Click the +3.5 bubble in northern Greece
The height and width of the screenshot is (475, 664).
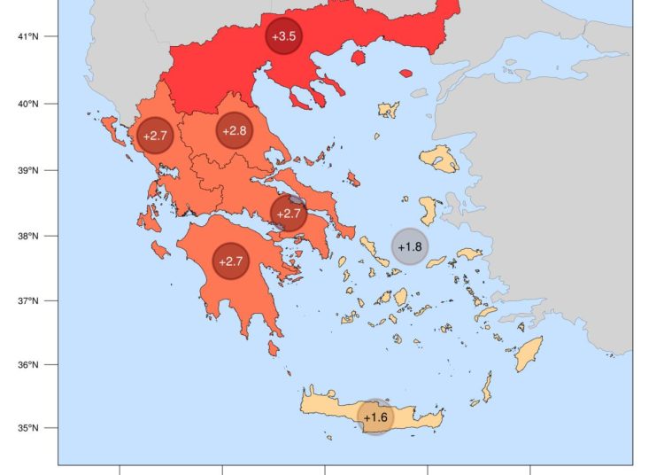pyautogui.click(x=284, y=36)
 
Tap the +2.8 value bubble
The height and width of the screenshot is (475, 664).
pyautogui.click(x=235, y=131)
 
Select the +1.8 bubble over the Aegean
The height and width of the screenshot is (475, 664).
pyautogui.click(x=410, y=246)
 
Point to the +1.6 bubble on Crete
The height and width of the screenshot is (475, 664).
pyautogui.click(x=375, y=417)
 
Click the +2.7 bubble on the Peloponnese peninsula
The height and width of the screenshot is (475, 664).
pyautogui.click(x=230, y=261)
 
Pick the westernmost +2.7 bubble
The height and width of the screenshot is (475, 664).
pyautogui.click(x=154, y=136)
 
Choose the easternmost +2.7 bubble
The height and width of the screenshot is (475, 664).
pyautogui.click(x=289, y=214)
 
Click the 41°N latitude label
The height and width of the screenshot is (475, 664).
pyautogui.click(x=29, y=36)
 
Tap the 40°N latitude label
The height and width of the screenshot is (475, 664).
pyautogui.click(x=29, y=104)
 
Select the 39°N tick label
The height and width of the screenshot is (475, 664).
pyautogui.click(x=29, y=170)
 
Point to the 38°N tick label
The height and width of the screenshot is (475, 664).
pyautogui.click(x=29, y=236)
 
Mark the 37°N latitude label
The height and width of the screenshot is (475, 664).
pyautogui.click(x=29, y=300)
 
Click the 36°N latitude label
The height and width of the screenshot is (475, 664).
pyautogui.click(x=29, y=364)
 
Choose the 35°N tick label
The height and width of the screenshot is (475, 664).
pyautogui.click(x=29, y=428)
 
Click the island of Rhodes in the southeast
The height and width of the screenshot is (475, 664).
pyautogui.click(x=529, y=354)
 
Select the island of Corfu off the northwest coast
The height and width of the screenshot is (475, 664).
pyautogui.click(x=111, y=129)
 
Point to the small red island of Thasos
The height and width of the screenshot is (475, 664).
pyautogui.click(x=359, y=58)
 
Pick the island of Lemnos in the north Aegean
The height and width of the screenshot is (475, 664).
pyautogui.click(x=390, y=110)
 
